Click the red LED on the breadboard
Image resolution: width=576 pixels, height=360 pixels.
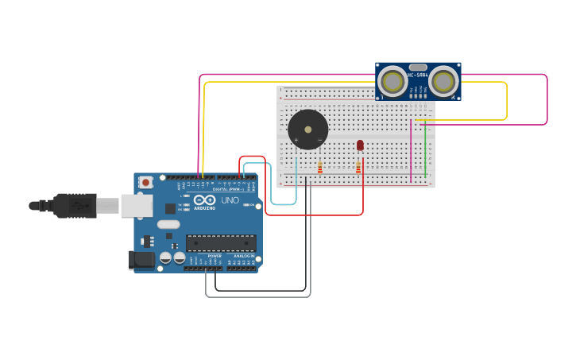coord(360,145)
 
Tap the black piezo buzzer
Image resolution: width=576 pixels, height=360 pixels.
coord(307,130)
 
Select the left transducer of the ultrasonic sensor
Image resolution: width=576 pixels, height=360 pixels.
coord(392,80)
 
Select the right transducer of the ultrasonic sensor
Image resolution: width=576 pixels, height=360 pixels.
coord(443,80)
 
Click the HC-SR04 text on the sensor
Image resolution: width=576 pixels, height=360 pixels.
coord(418,75)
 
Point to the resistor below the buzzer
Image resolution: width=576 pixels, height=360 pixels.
coord(320,167)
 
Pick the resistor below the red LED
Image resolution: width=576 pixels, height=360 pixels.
coord(358,167)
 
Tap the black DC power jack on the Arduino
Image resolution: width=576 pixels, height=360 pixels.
coord(141,259)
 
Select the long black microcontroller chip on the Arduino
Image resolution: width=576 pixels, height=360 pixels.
coord(221,242)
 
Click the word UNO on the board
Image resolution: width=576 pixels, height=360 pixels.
coord(230,200)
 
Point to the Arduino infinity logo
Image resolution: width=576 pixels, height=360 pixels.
coord(204,200)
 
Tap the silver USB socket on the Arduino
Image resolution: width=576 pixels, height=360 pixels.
coord(136,206)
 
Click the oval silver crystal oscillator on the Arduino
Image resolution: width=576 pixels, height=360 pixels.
coord(168,224)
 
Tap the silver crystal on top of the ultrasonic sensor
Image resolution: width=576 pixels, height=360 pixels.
coord(418,68)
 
